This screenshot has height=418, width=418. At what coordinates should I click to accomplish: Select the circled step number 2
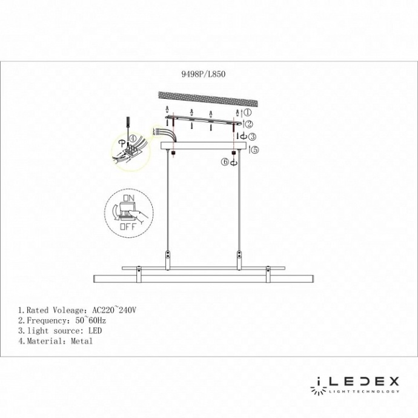point(249,124)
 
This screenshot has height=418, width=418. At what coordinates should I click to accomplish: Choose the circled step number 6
point(225,162)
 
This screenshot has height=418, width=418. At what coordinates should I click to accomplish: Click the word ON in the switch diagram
point(128,198)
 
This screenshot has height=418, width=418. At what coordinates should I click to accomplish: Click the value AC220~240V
point(114,309)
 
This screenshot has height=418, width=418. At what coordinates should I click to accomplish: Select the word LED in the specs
point(94,331)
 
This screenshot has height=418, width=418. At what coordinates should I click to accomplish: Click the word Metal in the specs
point(81,342)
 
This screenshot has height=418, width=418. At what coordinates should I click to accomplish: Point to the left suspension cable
point(168,200)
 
